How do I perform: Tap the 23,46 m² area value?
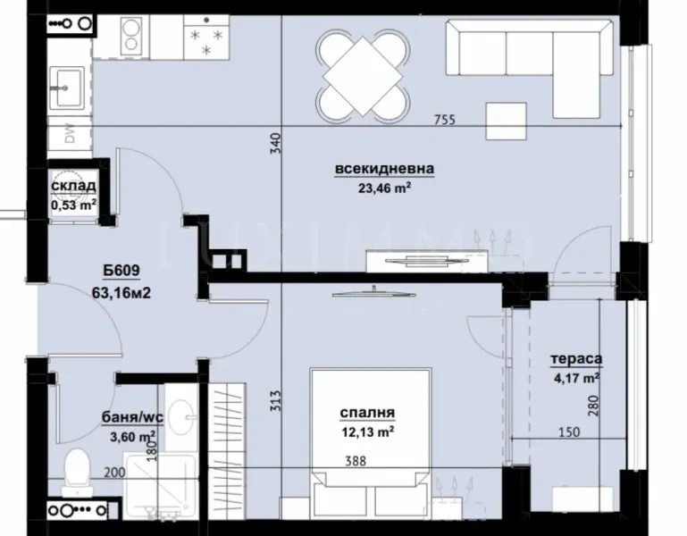point(385,188)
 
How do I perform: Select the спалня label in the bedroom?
point(368,413)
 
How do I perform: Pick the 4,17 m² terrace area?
point(575,378)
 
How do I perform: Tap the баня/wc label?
point(129,416)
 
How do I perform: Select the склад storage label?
point(73,187)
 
